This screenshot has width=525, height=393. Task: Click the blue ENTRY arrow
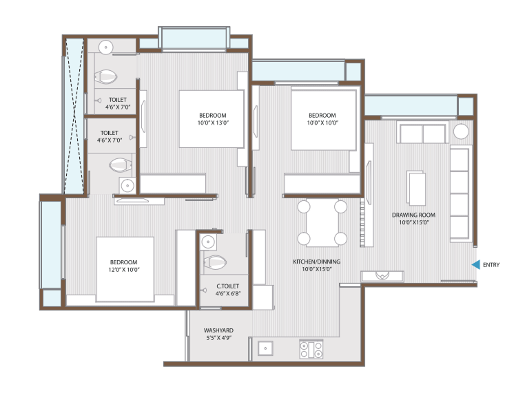(x=477, y=264)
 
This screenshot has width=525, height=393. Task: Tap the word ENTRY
(x=491, y=265)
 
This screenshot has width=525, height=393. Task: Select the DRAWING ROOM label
(x=413, y=215)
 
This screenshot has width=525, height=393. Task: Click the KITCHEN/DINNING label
(x=316, y=262)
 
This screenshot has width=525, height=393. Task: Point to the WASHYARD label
(x=218, y=330)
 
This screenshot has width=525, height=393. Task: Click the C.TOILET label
(x=227, y=286)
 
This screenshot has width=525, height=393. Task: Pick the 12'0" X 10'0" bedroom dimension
(x=123, y=270)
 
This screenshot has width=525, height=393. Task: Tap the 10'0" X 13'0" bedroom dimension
(x=213, y=123)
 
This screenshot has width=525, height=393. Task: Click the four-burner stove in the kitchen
(x=311, y=349)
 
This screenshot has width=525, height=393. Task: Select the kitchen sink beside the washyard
(x=265, y=348)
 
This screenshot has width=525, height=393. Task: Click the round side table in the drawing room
(x=461, y=131)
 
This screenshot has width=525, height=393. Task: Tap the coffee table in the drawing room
(x=416, y=188)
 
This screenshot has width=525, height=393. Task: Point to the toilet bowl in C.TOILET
(x=215, y=262)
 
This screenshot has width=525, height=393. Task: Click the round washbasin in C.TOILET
(x=208, y=242)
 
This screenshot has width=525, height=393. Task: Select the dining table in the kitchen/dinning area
(x=322, y=223)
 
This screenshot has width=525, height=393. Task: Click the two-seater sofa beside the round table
(x=422, y=133)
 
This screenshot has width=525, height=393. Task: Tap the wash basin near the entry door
(x=382, y=276)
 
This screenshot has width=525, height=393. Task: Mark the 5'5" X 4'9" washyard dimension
(x=218, y=338)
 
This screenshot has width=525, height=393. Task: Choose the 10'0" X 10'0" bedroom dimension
(x=322, y=123)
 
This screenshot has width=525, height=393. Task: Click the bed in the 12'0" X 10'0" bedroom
(x=125, y=269)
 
